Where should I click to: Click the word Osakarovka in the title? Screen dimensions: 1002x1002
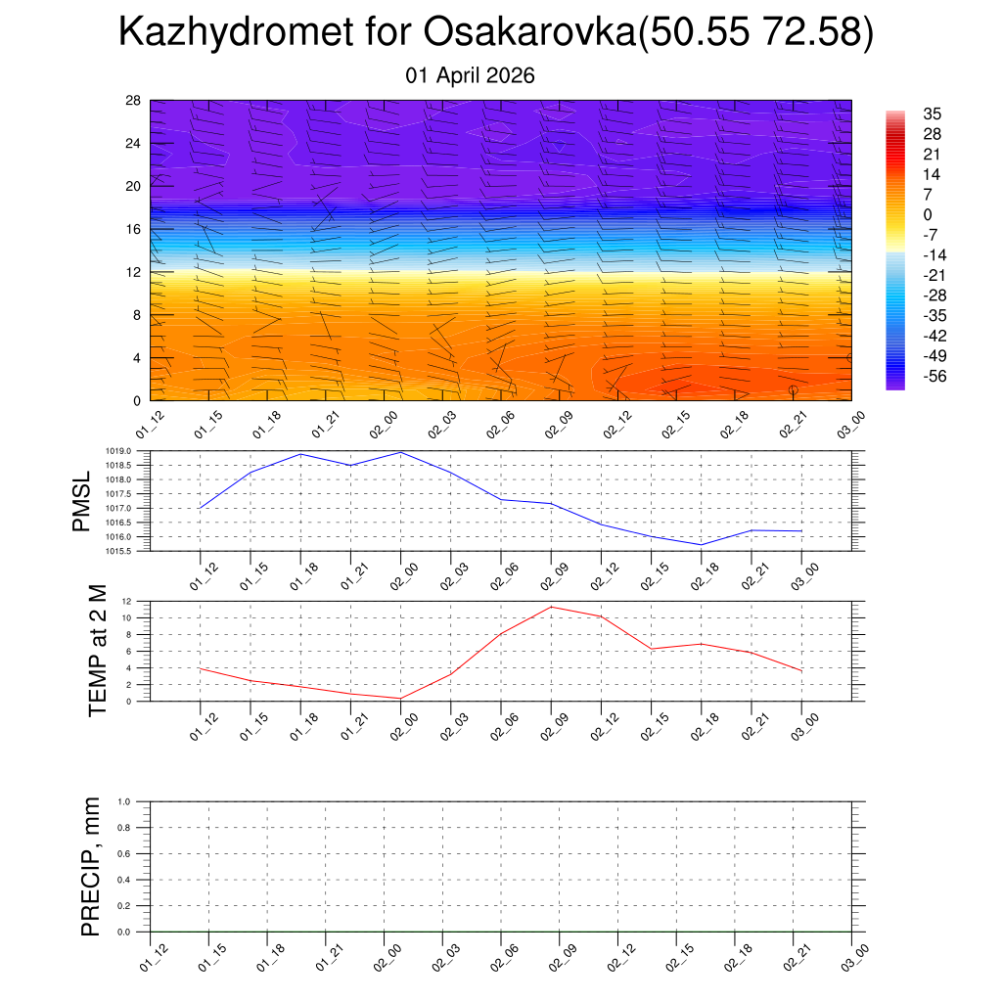pos(528,33)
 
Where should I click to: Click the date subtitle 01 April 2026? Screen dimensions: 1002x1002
pos(470,75)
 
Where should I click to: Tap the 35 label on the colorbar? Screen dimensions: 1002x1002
pos(934,114)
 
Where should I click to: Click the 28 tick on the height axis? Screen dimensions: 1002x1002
pos(134,101)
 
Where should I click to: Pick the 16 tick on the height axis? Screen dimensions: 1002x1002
pos(134,229)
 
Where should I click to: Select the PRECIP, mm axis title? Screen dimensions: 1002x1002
pos(91,866)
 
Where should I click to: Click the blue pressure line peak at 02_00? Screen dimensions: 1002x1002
pos(401,452)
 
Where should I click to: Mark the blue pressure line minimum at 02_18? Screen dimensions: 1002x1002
pos(702,545)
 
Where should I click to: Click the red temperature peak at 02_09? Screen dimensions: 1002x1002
pos(551,607)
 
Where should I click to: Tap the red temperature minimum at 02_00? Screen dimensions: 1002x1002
pos(401,698)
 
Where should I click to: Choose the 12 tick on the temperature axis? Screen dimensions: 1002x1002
pos(128,601)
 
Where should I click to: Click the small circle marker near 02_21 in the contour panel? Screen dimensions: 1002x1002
pos(793,389)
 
